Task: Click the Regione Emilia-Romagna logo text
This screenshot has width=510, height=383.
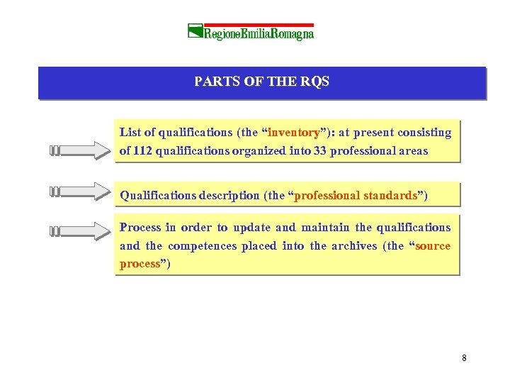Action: [x=259, y=32]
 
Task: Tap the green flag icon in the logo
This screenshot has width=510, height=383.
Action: [x=195, y=30]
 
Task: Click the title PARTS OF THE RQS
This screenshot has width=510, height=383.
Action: [x=261, y=82]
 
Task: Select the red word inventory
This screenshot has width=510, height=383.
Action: [x=294, y=133]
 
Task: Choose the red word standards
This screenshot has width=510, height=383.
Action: [x=390, y=195]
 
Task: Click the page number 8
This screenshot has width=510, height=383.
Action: [x=464, y=357]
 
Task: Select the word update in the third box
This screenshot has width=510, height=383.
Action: [x=251, y=228]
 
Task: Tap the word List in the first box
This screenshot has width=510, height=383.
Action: [x=130, y=133]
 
